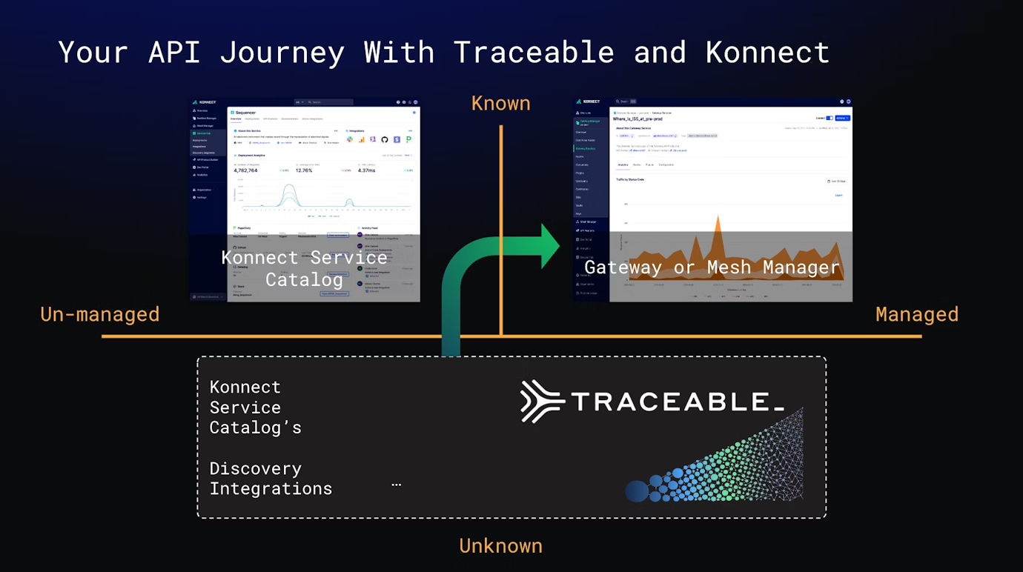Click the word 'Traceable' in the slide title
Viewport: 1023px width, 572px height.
(x=534, y=53)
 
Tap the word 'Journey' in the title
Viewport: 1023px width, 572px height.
(x=282, y=53)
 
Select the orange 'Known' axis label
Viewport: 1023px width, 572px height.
(x=500, y=104)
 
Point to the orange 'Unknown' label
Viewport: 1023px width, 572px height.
(x=500, y=546)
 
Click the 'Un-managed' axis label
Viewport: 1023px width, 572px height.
(x=100, y=314)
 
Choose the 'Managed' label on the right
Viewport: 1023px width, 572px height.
(x=916, y=314)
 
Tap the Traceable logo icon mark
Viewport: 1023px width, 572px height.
(x=542, y=401)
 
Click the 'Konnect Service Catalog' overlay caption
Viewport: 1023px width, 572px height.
(x=304, y=268)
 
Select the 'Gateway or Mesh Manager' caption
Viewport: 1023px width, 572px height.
(x=712, y=267)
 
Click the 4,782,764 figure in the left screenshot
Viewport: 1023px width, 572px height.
(x=245, y=170)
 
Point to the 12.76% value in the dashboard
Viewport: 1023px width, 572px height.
(x=304, y=170)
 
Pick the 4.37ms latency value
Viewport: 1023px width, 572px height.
(x=366, y=170)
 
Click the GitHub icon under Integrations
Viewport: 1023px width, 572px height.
(x=385, y=139)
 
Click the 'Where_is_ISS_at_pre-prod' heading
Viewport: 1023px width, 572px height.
(x=638, y=119)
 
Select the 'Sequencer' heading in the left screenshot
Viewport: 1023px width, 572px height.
(x=245, y=113)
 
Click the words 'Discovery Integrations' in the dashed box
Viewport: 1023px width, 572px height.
(x=271, y=479)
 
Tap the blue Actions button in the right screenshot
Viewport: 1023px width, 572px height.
(x=842, y=118)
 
